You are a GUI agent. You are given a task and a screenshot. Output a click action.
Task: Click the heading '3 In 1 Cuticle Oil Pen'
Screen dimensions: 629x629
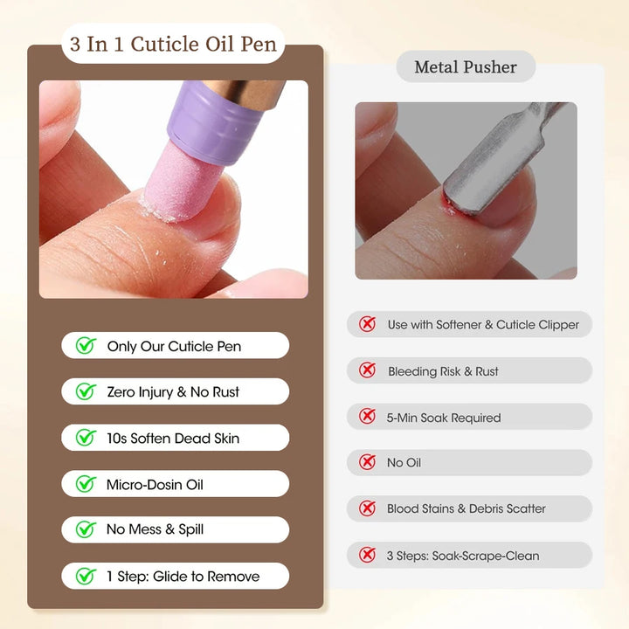174,44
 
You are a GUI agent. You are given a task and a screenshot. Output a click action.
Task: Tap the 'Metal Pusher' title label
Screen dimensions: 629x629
466,67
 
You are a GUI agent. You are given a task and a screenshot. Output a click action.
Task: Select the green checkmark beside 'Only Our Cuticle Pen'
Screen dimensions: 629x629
86,346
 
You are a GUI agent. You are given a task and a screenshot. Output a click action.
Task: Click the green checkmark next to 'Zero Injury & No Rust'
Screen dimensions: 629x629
86,392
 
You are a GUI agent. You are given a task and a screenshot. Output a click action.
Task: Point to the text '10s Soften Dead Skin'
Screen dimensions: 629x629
173,439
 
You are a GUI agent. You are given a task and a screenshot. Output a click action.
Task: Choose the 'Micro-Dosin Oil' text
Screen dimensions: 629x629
156,484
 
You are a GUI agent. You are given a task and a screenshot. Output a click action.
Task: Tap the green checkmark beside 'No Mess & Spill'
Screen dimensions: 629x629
86,529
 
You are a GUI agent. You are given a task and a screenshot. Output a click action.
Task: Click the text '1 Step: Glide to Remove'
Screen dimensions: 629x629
183,577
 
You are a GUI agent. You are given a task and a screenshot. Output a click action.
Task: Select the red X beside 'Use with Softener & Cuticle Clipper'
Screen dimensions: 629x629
368,325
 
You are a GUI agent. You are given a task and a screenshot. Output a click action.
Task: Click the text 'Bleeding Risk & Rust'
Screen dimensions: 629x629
443,371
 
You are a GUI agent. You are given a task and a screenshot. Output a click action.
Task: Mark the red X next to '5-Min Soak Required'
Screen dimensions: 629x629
368,418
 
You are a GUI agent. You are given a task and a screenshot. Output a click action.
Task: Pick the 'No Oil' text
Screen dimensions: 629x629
404,463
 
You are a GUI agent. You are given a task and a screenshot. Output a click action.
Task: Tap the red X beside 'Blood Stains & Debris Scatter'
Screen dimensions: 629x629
368,508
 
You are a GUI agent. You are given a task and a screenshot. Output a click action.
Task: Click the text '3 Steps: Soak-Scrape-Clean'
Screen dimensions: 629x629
463,556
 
